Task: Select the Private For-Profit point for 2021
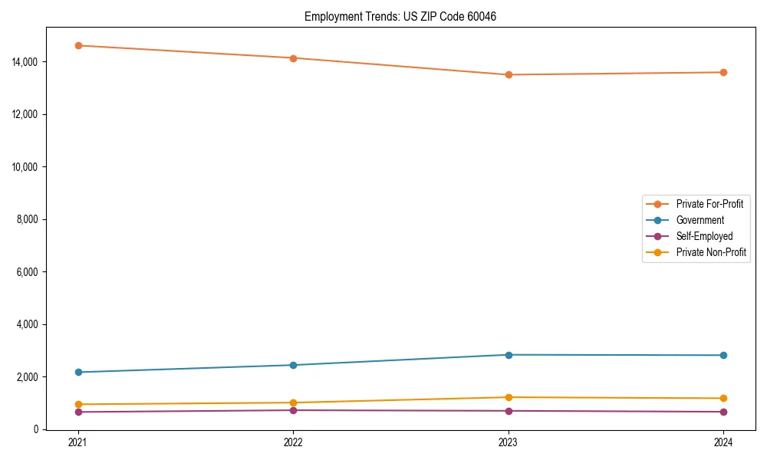pyautogui.click(x=77, y=45)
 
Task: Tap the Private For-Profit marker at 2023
pyautogui.click(x=508, y=74)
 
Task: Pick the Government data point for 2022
pyautogui.click(x=293, y=365)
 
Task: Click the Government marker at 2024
pyautogui.click(x=723, y=355)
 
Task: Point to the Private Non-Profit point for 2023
pyautogui.click(x=508, y=397)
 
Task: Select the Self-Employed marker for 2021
pyautogui.click(x=77, y=412)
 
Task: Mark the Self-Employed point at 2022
pyautogui.click(x=293, y=410)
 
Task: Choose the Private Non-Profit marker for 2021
pyautogui.click(x=77, y=404)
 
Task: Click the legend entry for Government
pyautogui.click(x=700, y=220)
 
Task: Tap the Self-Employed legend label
pyautogui.click(x=704, y=236)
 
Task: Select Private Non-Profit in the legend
pyautogui.click(x=711, y=252)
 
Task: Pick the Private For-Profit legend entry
pyautogui.click(x=709, y=204)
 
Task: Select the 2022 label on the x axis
pyautogui.click(x=293, y=442)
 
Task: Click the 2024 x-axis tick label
pyautogui.click(x=723, y=442)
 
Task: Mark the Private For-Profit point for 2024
pyautogui.click(x=723, y=72)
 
